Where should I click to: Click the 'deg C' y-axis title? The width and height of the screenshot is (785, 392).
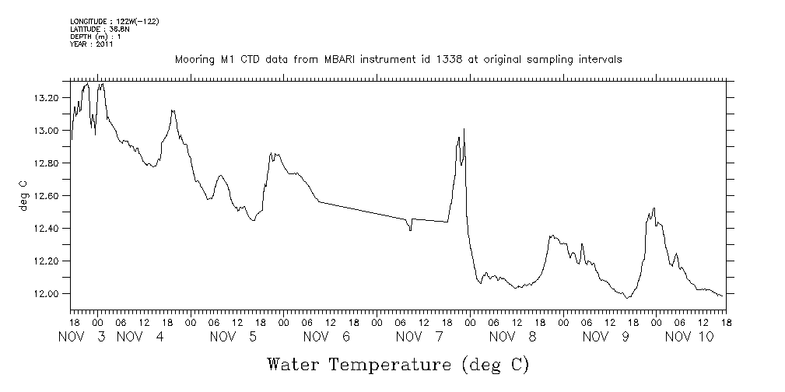pyautogui.click(x=24, y=196)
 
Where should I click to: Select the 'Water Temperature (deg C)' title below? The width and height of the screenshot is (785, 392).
pyautogui.click(x=398, y=364)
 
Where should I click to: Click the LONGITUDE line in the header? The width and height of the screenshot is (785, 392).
pyautogui.click(x=114, y=21)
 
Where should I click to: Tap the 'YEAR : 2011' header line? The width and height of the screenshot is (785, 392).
pyautogui.click(x=92, y=44)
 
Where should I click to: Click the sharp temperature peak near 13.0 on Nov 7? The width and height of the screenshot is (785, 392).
pyautogui.click(x=464, y=129)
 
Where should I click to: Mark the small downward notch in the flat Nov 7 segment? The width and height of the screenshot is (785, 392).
pyautogui.click(x=410, y=229)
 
